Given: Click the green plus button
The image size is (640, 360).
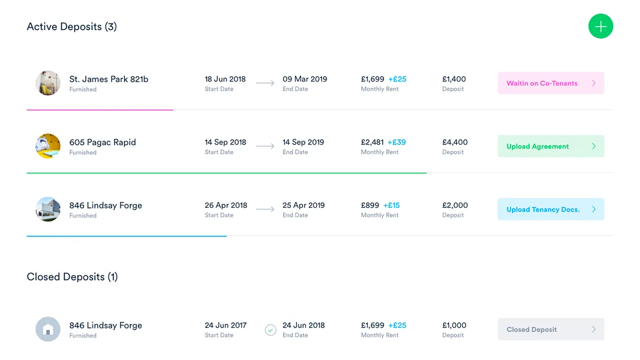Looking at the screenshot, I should click(x=601, y=26).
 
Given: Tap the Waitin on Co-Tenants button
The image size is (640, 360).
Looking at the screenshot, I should click(x=550, y=83).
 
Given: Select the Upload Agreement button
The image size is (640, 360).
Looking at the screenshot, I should click(x=550, y=146).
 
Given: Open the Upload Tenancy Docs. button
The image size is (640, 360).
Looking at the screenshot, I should click(x=550, y=210).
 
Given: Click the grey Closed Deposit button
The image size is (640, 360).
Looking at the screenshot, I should click(x=550, y=329).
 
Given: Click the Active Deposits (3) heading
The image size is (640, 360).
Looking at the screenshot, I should click(x=72, y=27).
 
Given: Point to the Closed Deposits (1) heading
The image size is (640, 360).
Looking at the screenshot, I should click(x=72, y=277).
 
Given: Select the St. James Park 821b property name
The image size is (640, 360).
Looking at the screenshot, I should click(x=108, y=79).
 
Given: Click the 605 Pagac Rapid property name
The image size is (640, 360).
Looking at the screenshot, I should click(x=102, y=142).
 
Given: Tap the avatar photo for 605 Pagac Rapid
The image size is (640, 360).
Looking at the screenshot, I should click(x=48, y=146).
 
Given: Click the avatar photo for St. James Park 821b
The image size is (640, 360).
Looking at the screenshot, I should click(x=48, y=83).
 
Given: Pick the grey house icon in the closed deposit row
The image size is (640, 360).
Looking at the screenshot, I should click(x=48, y=329).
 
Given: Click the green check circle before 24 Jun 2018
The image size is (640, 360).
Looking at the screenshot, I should click(x=270, y=330).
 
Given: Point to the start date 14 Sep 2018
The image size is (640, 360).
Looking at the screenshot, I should click(x=226, y=142).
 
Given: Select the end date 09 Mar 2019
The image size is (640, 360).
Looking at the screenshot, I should click(x=305, y=79).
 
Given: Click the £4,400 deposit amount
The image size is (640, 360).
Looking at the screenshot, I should click(x=455, y=142).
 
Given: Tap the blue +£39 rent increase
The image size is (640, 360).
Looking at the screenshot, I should click(x=397, y=142).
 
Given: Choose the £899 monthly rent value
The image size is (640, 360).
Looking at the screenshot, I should click(x=370, y=206).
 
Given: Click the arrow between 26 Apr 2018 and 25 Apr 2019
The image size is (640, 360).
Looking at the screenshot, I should click(x=265, y=210).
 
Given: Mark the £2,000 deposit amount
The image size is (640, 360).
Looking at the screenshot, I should click(x=455, y=206).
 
